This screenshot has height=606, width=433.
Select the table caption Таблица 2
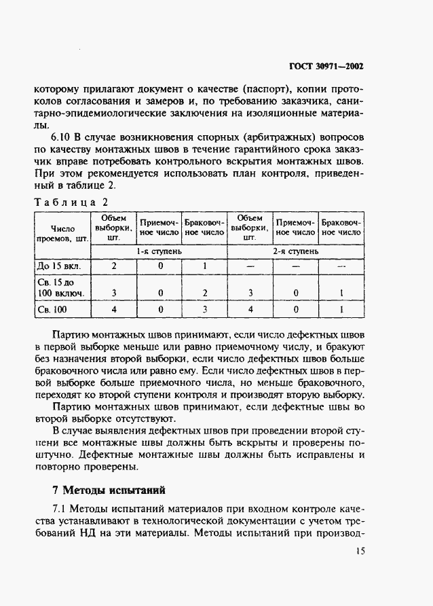click(69, 202)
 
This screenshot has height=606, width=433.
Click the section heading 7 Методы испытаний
click(108, 490)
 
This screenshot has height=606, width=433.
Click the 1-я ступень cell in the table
click(159, 251)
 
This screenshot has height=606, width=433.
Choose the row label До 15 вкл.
click(59, 266)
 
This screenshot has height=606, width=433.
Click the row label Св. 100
click(54, 309)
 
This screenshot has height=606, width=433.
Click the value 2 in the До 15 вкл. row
click(113, 266)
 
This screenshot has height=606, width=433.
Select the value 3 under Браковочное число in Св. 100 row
click(204, 309)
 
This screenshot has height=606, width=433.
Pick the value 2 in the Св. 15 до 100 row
click(204, 293)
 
